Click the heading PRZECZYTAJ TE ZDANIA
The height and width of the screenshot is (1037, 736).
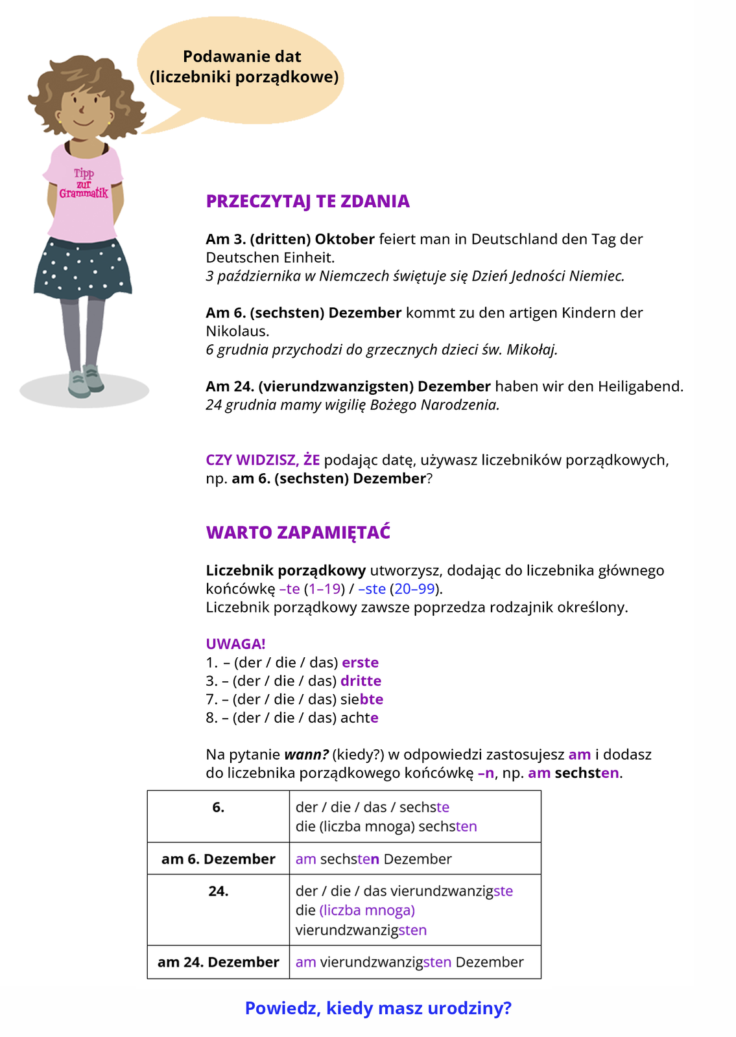(307, 202)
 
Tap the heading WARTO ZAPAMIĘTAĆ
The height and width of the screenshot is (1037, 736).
(298, 533)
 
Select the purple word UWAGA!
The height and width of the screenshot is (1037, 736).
(235, 644)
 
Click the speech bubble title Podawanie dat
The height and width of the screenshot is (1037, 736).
(242, 57)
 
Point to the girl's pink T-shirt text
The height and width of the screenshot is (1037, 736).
(84, 183)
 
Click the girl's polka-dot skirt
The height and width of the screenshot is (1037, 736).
(82, 268)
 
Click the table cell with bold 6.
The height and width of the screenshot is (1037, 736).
(219, 808)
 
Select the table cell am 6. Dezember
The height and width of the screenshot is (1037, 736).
(219, 859)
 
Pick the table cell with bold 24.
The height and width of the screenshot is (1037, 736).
(219, 892)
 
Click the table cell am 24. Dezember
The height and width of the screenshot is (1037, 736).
(219, 962)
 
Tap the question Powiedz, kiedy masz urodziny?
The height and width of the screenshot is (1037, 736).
(378, 1008)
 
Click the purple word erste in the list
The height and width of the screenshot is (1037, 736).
(360, 663)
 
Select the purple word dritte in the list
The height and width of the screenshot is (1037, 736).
(361, 681)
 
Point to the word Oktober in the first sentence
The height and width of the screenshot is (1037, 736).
(345, 239)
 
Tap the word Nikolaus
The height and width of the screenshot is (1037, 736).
(237, 331)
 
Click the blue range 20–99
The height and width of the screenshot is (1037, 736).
(414, 589)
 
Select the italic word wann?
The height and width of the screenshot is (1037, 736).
(306, 755)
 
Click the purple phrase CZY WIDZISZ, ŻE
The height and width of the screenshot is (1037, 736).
(263, 460)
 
